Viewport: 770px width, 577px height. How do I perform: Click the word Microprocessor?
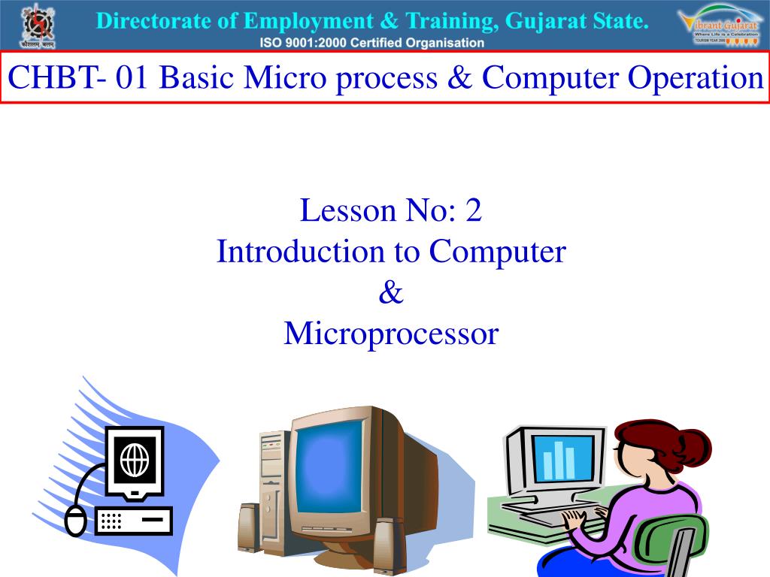pos(391,334)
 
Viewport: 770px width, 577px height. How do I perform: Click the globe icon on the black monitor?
pos(135,458)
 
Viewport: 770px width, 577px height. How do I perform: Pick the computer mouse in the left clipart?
pos(75,521)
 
